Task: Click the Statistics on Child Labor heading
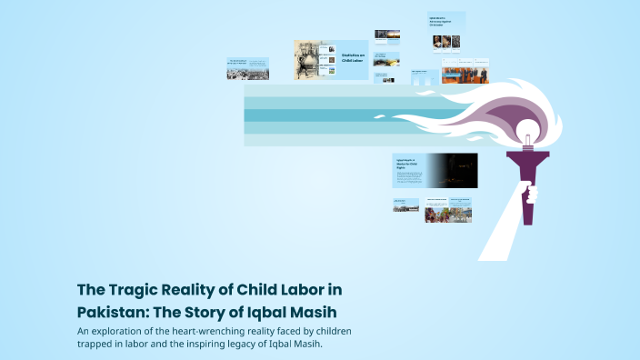(353, 59)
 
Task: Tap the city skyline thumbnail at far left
(247, 69)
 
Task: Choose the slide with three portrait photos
(446, 41)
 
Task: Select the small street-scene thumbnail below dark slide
(405, 205)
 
